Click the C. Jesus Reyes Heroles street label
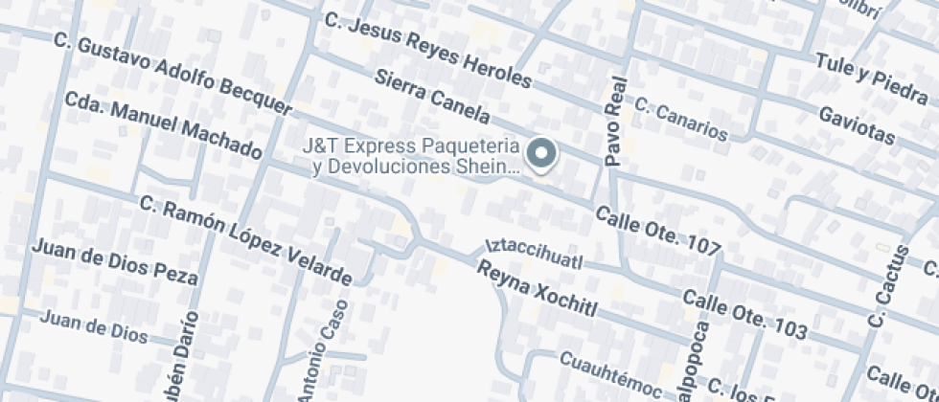click(426, 49)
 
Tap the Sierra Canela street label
click(432, 99)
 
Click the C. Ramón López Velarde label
click(245, 240)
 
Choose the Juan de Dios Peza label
click(115, 262)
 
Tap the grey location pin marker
click(543, 155)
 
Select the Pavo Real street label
click(615, 122)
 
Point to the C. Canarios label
click(680, 119)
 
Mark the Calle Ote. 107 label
click(657, 231)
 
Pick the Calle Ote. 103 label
click(744, 314)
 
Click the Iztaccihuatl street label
click(534, 254)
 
